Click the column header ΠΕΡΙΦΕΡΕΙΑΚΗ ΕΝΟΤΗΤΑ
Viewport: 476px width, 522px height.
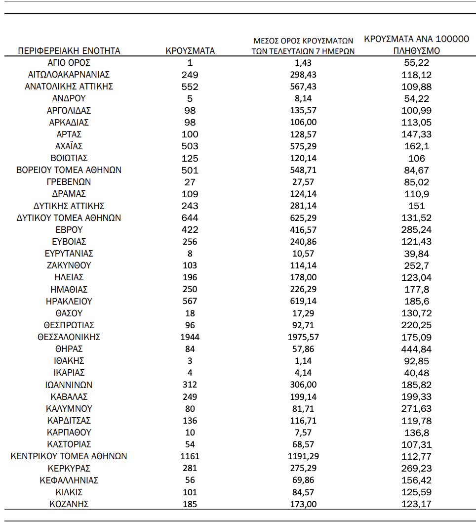pos(69,51)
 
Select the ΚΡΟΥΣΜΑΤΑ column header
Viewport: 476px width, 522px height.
pos(190,51)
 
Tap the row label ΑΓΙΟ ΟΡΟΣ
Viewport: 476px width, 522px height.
pos(69,63)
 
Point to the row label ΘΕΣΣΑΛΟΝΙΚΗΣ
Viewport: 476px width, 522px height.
pos(69,337)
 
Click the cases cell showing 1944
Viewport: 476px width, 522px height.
pos(190,337)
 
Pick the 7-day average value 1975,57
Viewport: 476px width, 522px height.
pos(303,337)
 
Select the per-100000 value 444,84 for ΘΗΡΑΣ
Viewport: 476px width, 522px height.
pos(417,349)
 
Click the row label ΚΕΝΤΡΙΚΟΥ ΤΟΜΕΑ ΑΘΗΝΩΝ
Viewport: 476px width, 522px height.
pos(69,456)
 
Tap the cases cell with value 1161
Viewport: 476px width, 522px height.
pos(190,456)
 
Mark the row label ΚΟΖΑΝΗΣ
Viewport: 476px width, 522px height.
pos(69,504)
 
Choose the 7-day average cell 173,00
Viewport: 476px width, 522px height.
pos(303,504)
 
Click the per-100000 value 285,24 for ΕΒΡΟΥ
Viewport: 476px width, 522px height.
pos(417,230)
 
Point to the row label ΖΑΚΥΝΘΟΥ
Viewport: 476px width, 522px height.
pos(69,265)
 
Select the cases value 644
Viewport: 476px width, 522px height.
pos(190,218)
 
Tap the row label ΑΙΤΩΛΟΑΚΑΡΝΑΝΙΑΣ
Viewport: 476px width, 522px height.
pos(69,75)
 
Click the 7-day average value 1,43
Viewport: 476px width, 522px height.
pos(303,63)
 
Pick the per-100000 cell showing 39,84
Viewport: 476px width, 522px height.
pos(417,254)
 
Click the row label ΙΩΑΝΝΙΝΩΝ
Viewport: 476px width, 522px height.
pos(69,385)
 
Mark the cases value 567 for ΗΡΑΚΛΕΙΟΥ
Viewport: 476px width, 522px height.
pos(190,302)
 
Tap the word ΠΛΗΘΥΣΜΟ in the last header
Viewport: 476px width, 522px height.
pos(417,51)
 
